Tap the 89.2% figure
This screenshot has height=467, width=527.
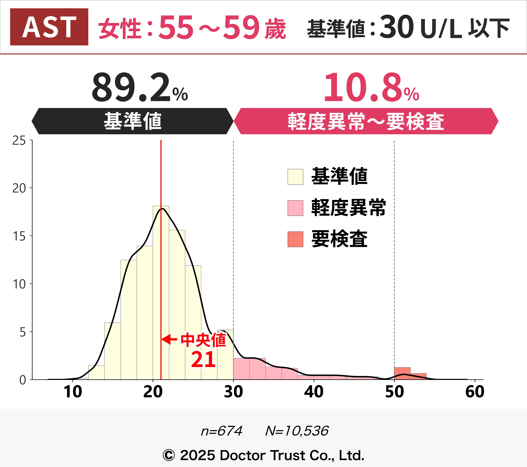click(139, 88)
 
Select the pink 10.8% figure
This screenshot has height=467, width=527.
click(371, 88)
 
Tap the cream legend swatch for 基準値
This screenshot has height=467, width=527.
click(295, 177)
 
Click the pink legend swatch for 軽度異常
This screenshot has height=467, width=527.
click(295, 208)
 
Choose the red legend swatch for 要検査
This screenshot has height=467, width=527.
click(295, 239)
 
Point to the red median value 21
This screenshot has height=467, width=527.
click(203, 359)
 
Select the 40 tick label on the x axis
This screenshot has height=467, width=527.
click(314, 392)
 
